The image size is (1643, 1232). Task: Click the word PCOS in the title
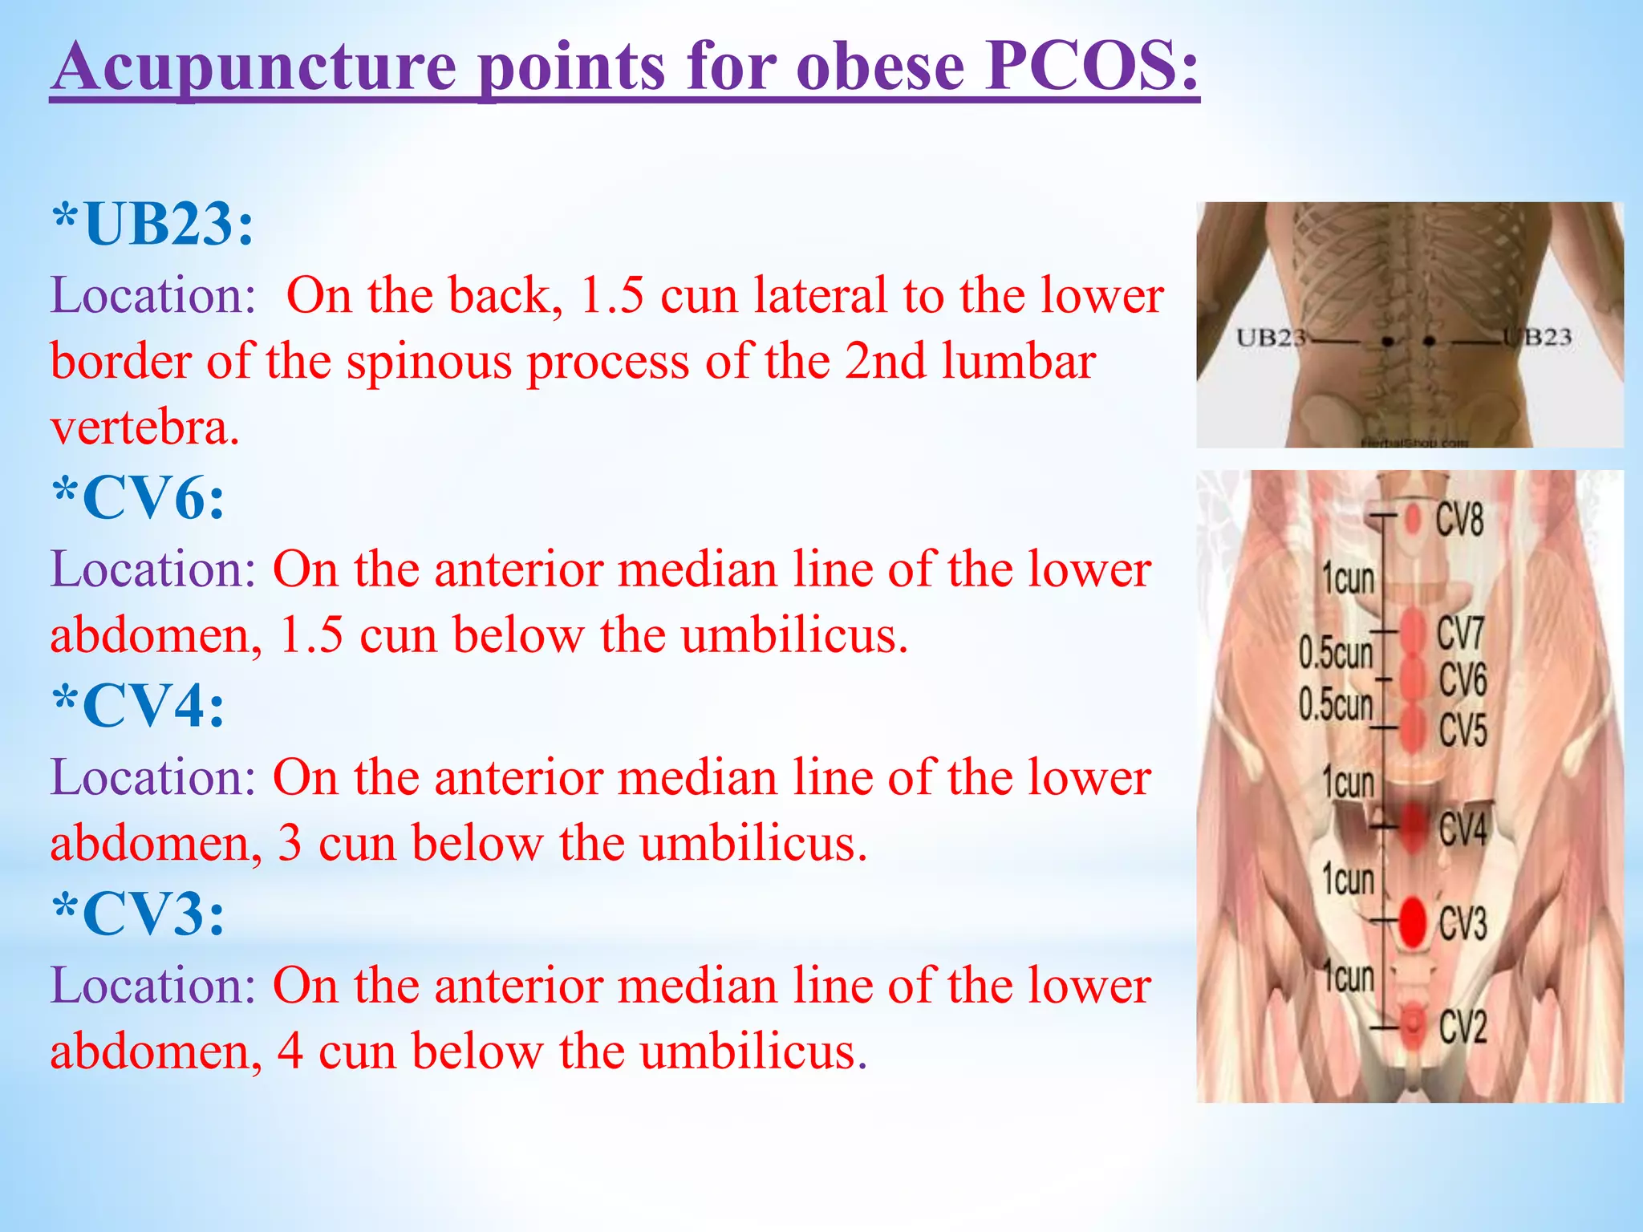click(x=1091, y=67)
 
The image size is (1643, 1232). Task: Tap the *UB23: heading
click(x=152, y=224)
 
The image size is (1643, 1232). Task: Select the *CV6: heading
click(x=138, y=499)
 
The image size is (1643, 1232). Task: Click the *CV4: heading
click(x=138, y=707)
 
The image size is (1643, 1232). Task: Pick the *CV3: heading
click(x=138, y=914)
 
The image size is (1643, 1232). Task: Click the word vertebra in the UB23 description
click(x=145, y=428)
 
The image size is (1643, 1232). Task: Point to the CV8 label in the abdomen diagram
click(x=1459, y=520)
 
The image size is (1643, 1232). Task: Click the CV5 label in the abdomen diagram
click(x=1462, y=730)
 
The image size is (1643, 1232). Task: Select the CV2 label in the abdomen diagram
click(x=1462, y=1027)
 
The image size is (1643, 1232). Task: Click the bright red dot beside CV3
click(x=1413, y=921)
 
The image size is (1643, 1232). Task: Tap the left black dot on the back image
click(x=1388, y=342)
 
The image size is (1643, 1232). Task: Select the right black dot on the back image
click(x=1429, y=342)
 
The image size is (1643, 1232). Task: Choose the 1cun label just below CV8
click(x=1349, y=578)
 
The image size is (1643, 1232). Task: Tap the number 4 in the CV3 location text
click(x=290, y=1052)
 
